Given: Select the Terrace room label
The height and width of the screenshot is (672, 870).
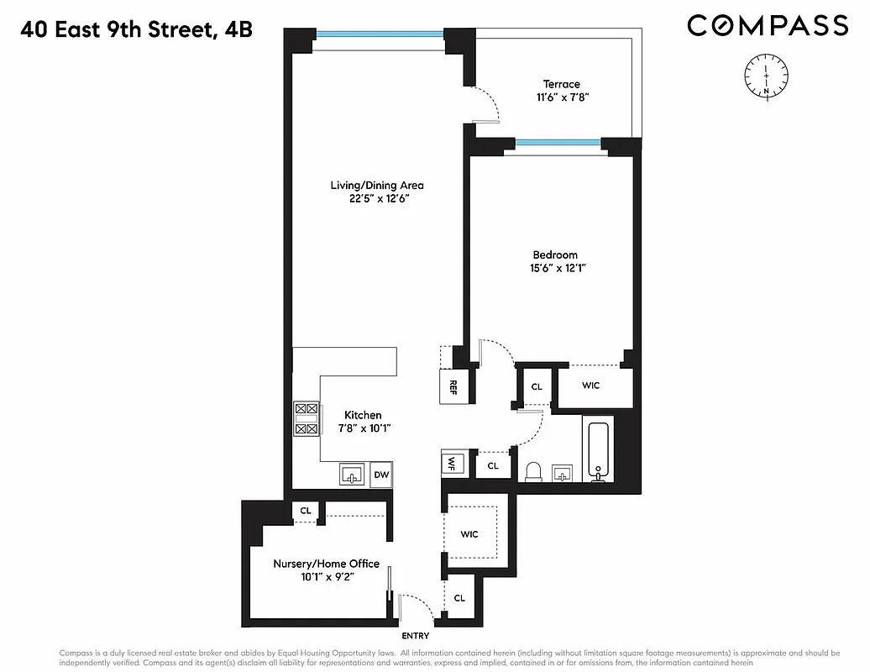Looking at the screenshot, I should pos(561,84).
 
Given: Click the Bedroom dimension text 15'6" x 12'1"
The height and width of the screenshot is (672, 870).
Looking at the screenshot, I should pos(554,269).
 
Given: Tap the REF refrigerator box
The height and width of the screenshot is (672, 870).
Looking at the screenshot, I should pos(453,387).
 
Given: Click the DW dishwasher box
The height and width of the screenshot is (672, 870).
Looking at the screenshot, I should pos(381,475).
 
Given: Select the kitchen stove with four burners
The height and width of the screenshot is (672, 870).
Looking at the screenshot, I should pos(306,418).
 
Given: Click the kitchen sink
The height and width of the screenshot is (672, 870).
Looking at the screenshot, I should pos(352,475).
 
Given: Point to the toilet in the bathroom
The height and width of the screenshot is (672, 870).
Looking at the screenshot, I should pos(532,472).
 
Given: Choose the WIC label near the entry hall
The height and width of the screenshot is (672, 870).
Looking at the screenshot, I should pos(469,534).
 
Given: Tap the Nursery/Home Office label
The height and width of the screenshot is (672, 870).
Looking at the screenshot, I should pos(326,564).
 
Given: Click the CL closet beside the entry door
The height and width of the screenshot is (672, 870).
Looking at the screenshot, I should pos(459,598).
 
